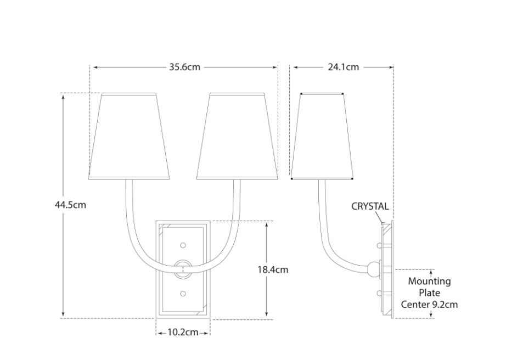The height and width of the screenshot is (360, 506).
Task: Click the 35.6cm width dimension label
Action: (184, 67)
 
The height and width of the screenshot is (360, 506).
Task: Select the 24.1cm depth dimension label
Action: (344, 67)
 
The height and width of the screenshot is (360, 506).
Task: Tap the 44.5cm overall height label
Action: (70, 205)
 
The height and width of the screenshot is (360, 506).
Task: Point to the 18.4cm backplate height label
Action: (273, 269)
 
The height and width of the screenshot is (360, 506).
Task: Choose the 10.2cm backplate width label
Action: (183, 332)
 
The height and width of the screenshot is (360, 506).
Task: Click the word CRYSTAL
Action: (370, 206)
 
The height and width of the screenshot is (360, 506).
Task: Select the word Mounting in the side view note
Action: (429, 282)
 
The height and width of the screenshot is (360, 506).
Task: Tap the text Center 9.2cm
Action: (429, 305)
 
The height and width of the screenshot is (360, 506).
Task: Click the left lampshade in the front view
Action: (129, 137)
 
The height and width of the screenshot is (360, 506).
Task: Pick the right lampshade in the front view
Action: (237, 137)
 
